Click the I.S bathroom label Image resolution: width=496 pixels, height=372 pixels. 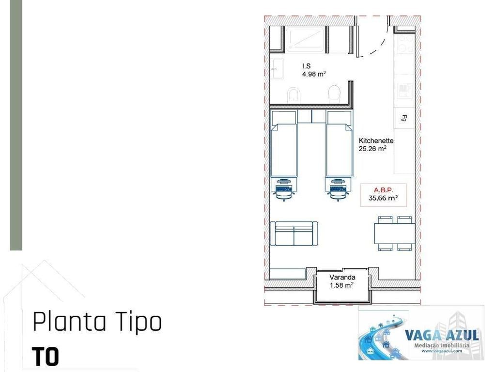pos(306,66)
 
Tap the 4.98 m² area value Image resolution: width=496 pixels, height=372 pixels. pos(314,74)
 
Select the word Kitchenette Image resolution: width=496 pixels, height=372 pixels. pos(376,141)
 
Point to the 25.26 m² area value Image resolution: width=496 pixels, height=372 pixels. pos(372,149)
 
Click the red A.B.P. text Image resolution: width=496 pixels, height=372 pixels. pos(383,190)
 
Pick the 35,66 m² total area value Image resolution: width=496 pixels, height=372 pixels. pos(383,198)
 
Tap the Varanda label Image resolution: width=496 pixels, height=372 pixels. pos(342,278)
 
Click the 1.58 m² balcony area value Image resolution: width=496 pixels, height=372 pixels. pos(341,285)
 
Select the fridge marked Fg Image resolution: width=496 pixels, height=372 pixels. pos(404,118)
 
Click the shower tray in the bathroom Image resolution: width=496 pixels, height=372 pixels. pos(305,39)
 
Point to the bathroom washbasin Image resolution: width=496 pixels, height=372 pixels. pos(277,69)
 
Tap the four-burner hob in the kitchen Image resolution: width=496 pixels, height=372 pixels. pos(404,89)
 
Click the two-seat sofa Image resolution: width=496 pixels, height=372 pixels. pos(294,234)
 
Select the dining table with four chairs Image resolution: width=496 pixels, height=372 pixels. pos(394,233)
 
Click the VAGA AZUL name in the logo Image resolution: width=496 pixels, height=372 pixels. pos(441,335)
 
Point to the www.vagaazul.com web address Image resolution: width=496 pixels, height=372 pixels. pos(441,351)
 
